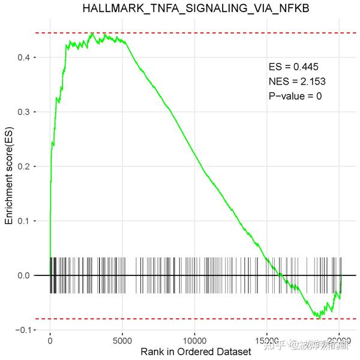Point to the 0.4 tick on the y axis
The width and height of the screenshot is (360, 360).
(x=27, y=58)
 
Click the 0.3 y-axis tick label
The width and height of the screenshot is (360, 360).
(x=27, y=112)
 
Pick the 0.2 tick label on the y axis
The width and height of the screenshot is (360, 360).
(x=27, y=167)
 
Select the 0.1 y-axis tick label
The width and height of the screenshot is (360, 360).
(x=27, y=221)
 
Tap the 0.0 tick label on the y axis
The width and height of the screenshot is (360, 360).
(x=27, y=276)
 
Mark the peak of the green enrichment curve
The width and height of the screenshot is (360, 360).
(x=92, y=33)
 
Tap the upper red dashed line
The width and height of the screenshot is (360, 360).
(x=198, y=33)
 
